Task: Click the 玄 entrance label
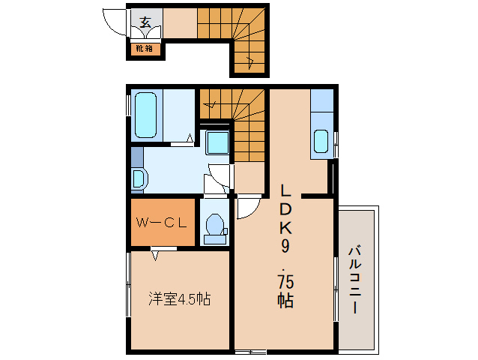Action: pos(145,22)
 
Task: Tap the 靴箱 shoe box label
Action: pos(144,49)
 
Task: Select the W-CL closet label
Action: pos(161,222)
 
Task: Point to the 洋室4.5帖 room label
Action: pos(178,298)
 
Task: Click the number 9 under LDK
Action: pos(286,245)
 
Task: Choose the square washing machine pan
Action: pos(217,142)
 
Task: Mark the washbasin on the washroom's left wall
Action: pos(139,178)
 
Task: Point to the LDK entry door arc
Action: pos(248,208)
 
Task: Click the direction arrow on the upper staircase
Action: pos(250,60)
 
